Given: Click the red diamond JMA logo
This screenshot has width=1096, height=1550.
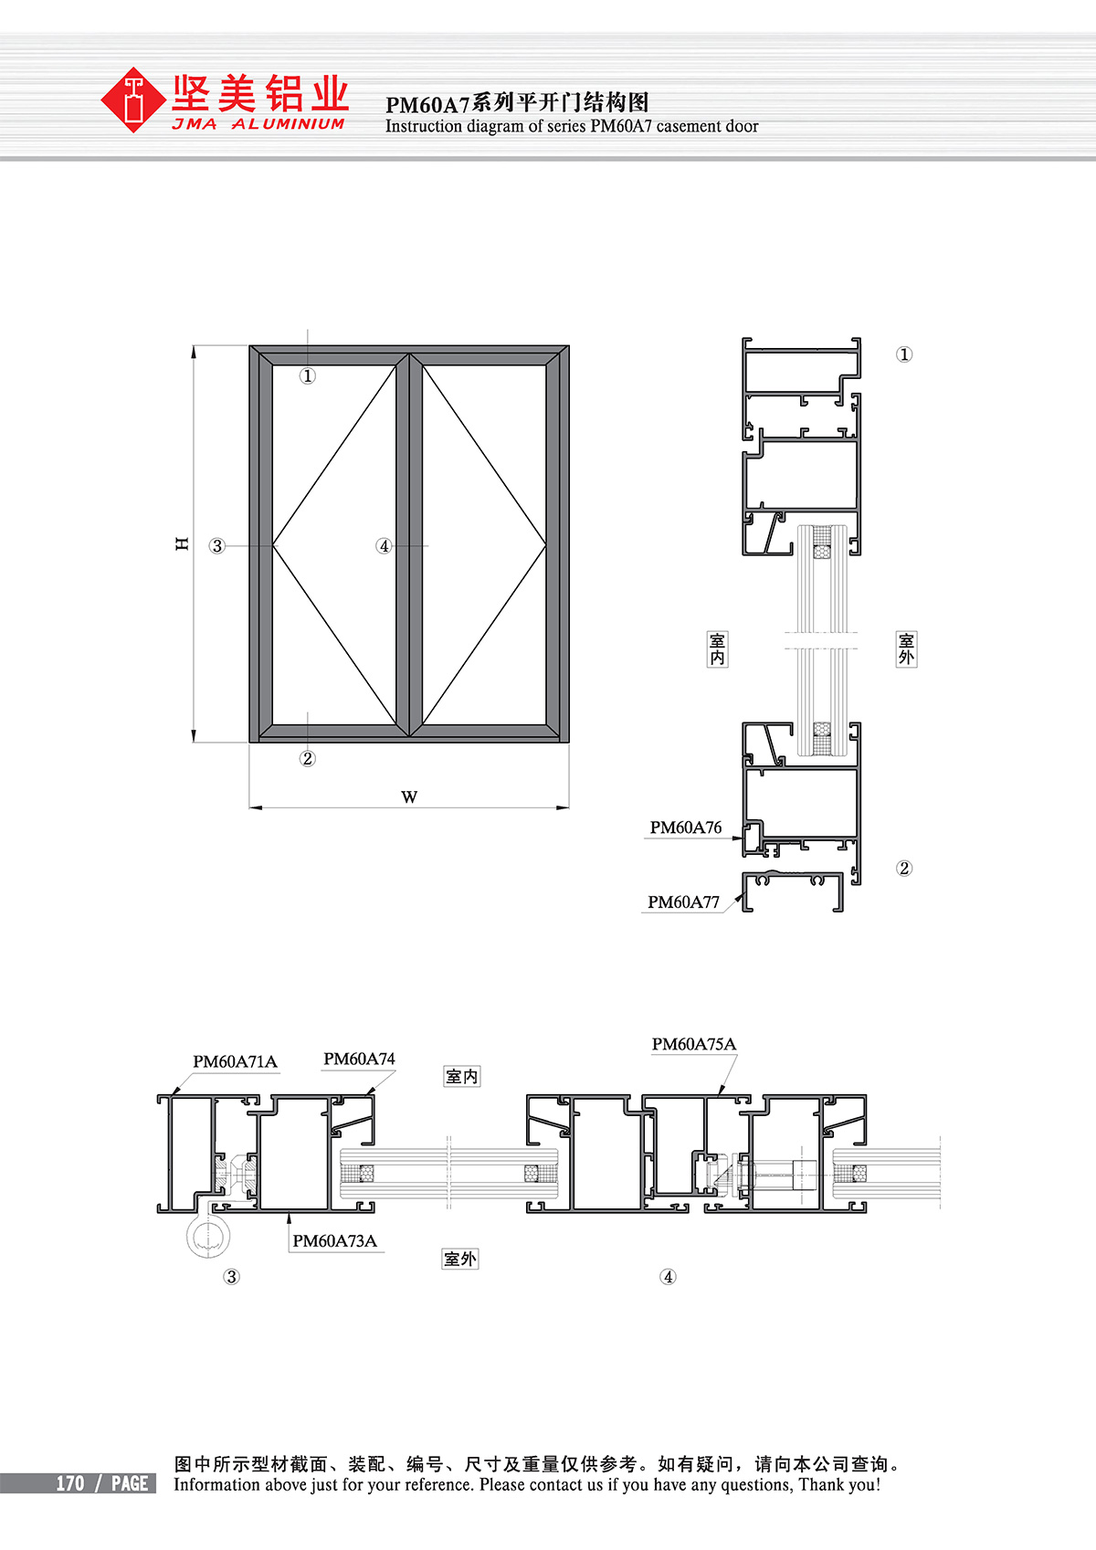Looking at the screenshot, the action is [132, 100].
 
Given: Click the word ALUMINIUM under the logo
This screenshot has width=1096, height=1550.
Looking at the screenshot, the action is [288, 124].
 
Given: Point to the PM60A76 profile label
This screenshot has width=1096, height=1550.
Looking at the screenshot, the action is [685, 828].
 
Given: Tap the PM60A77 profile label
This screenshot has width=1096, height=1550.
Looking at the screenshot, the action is [683, 902].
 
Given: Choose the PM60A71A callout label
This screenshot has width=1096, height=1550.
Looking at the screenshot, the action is [235, 1061].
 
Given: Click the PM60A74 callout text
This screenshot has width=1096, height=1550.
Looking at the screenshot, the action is [359, 1059].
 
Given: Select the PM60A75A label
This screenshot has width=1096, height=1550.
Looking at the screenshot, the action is [694, 1044].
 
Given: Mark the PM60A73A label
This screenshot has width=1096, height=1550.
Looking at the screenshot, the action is [335, 1240].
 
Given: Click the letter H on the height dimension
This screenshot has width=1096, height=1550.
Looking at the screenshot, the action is [182, 543].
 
